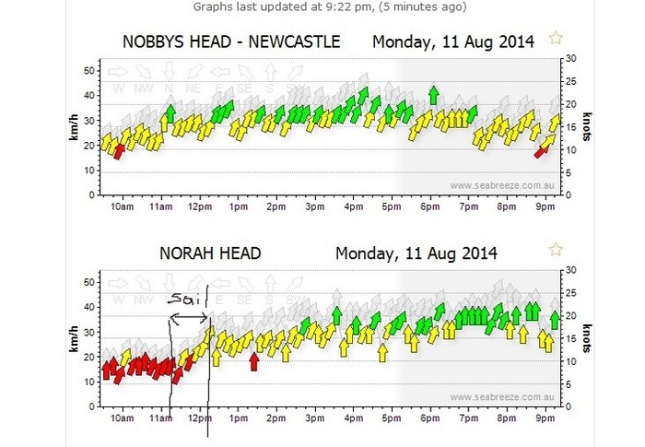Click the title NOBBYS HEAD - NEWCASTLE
231,41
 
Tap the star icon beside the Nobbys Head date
555,38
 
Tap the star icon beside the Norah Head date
555,249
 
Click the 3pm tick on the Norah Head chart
314,418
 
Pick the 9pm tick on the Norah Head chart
545,418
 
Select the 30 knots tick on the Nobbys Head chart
571,58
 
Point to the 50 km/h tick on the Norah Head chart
90,281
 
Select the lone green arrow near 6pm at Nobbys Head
433,94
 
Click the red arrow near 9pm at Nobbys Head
542,149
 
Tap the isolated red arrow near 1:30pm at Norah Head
254,361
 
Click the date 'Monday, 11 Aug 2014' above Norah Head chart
416,253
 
